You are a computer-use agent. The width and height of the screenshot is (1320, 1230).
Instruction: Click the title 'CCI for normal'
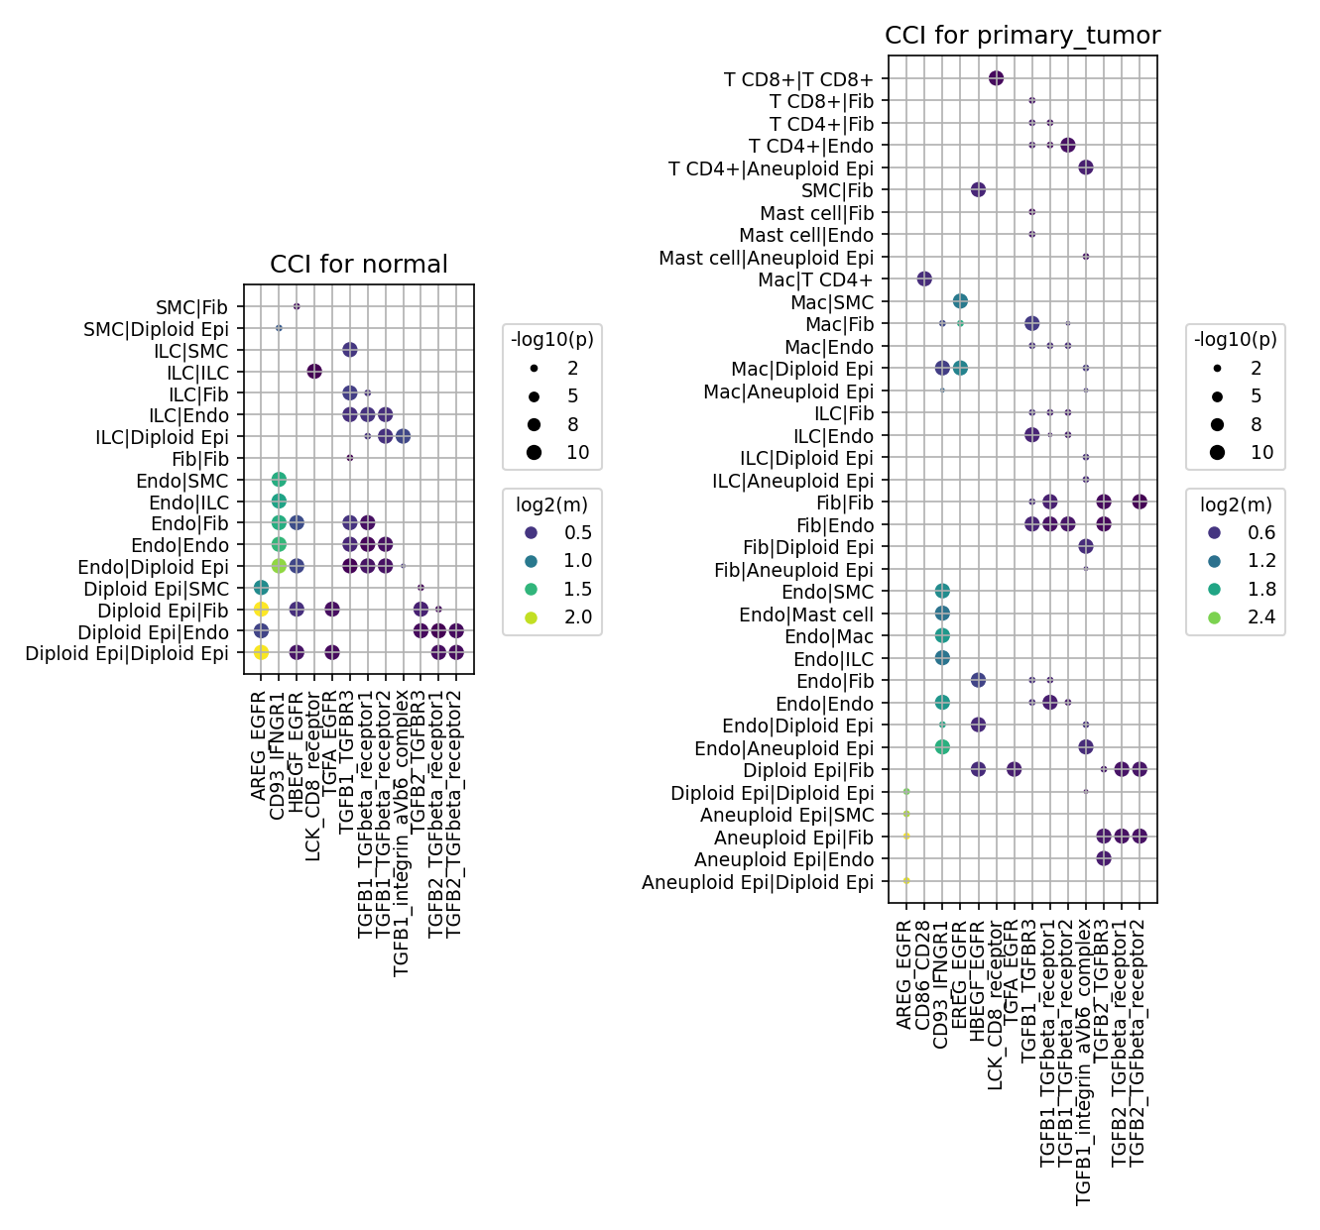(x=358, y=265)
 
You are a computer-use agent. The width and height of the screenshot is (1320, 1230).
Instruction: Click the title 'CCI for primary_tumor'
(x=1022, y=36)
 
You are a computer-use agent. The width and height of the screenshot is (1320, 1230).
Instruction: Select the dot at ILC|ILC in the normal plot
(x=314, y=372)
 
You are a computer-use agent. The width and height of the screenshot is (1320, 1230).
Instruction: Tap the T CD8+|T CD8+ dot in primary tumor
(x=996, y=78)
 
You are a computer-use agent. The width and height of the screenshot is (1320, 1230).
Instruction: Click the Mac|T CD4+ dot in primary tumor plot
(x=924, y=280)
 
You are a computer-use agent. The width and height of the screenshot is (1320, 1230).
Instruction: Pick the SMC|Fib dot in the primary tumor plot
(x=978, y=190)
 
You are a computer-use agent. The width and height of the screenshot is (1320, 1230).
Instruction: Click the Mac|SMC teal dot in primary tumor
(x=960, y=301)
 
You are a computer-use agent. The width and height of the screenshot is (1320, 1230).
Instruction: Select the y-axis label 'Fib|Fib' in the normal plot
(x=200, y=459)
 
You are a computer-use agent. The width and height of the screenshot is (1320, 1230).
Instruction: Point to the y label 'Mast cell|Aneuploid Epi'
(x=766, y=258)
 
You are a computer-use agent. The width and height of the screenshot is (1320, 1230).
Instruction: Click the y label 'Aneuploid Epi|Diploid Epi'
(x=757, y=882)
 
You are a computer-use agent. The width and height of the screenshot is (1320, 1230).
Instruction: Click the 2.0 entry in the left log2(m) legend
(x=559, y=617)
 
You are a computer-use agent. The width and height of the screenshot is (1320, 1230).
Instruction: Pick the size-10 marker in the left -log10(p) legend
(x=534, y=453)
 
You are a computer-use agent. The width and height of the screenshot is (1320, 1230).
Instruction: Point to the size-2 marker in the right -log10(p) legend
(x=1217, y=368)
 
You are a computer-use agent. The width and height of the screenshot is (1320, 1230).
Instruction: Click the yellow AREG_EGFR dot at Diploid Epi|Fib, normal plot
(x=261, y=609)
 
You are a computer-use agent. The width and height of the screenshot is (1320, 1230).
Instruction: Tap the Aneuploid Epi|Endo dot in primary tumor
(x=1104, y=858)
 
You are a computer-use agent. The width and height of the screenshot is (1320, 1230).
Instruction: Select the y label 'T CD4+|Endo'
(x=811, y=146)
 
